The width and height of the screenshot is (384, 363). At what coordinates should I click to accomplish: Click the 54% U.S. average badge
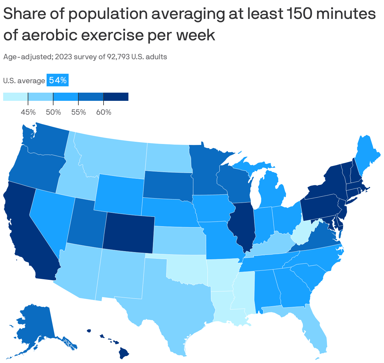57,81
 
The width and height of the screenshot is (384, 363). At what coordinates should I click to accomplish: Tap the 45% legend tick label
28,112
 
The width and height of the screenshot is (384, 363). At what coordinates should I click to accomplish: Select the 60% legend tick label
104,112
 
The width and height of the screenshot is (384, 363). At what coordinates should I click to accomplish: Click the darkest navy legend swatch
116,97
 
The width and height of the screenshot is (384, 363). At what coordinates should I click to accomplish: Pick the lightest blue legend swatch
15,97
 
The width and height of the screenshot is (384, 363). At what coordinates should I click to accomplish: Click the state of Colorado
128,232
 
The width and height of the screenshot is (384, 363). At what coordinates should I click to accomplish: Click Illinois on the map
241,224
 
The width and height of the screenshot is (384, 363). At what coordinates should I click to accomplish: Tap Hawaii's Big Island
124,353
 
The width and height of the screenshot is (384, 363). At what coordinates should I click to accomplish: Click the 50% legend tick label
53,112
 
